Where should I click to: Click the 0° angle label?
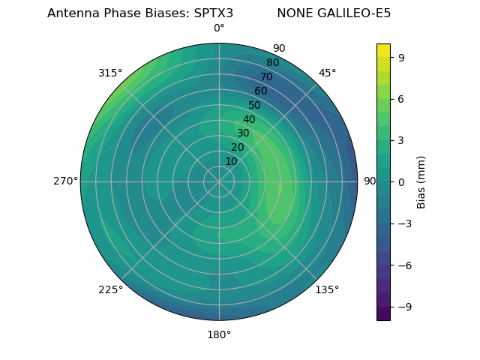pyautogui.click(x=219, y=28)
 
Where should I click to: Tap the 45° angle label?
pyautogui.click(x=328, y=73)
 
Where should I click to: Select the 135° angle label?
pyautogui.click(x=327, y=289)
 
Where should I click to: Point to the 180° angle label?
pyautogui.click(x=219, y=334)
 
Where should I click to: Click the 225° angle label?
pyautogui.click(x=110, y=289)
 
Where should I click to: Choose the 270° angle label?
pyautogui.click(x=66, y=181)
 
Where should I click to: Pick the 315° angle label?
pyautogui.click(x=110, y=73)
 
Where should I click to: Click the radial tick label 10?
pyautogui.click(x=231, y=161)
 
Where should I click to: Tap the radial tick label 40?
pyautogui.click(x=249, y=119)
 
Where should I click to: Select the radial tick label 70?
pyautogui.click(x=266, y=76)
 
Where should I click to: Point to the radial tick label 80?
pyautogui.click(x=272, y=62)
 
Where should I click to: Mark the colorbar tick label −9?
pyautogui.click(x=401, y=306)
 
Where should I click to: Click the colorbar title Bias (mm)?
pyautogui.click(x=421, y=181)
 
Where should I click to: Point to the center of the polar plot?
pyautogui.click(x=219, y=181)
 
